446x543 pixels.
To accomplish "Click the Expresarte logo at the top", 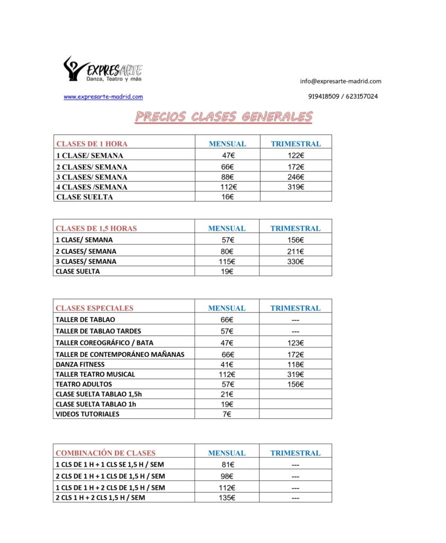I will (x=103, y=69).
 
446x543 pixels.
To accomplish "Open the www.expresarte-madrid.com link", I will (x=103, y=97).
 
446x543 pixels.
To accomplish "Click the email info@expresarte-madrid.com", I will (x=341, y=81).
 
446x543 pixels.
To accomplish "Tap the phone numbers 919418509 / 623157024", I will (x=343, y=97).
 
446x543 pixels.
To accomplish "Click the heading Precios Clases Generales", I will (x=224, y=117).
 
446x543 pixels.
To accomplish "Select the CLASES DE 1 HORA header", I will (x=92, y=144).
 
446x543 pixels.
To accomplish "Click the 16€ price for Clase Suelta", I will (x=227, y=197).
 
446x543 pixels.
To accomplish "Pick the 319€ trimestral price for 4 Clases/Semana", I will (x=295, y=187).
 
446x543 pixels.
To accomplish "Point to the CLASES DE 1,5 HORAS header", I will (x=96, y=229).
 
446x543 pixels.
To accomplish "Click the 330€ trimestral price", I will (x=295, y=261).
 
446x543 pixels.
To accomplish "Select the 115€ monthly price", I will (x=227, y=261).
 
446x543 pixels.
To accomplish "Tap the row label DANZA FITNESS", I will (x=80, y=364).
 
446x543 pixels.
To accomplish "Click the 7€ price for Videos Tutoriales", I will (x=227, y=414).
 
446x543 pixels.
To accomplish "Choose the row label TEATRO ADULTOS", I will (x=84, y=384).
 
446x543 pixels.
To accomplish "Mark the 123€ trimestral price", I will (x=295, y=343).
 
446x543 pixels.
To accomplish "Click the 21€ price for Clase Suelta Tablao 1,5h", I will (x=227, y=394).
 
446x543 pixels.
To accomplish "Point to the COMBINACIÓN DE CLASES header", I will (x=105, y=453).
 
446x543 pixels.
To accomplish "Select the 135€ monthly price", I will (x=227, y=498).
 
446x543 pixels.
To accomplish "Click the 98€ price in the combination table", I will (x=227, y=476).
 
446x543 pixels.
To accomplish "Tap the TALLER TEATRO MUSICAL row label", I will (x=95, y=374).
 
